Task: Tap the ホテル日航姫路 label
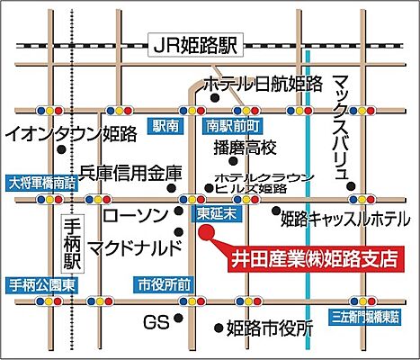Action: point(263,85)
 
